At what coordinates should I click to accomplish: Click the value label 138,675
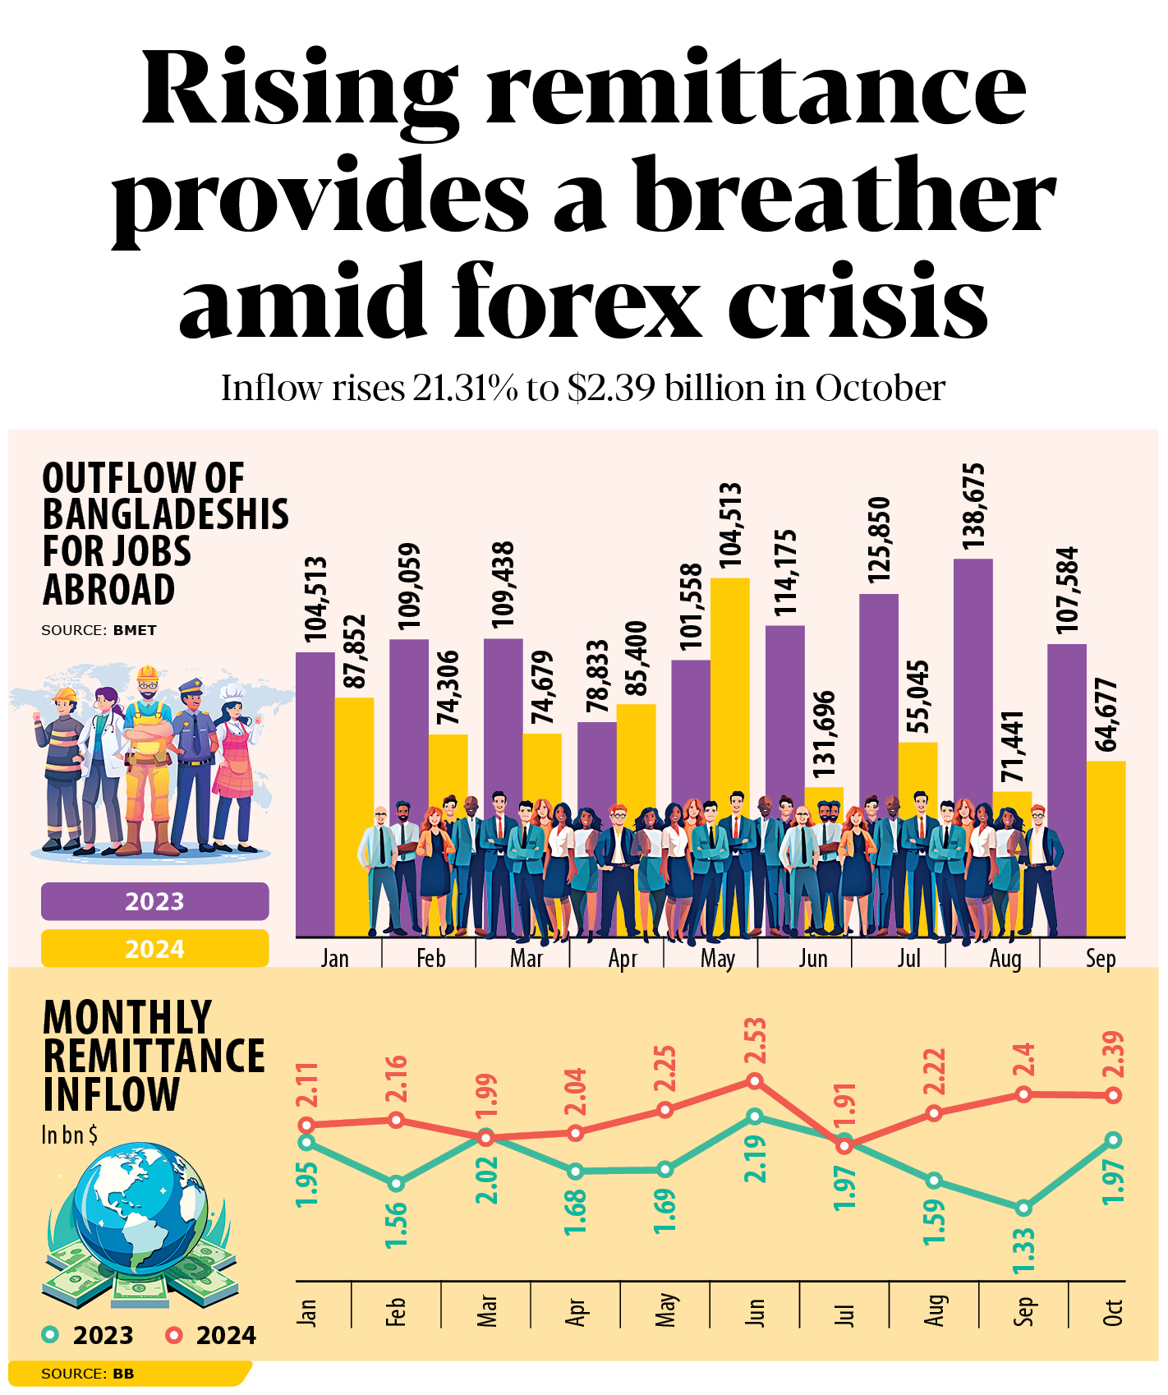pyautogui.click(x=973, y=507)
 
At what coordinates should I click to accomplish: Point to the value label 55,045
pyautogui.click(x=918, y=697)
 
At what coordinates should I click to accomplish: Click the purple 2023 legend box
pyautogui.click(x=154, y=901)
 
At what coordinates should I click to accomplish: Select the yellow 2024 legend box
pyautogui.click(x=154, y=949)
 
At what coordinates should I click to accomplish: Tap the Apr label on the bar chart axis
pyautogui.click(x=623, y=959)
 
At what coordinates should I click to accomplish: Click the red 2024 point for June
pyautogui.click(x=755, y=1081)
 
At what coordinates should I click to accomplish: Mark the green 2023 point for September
pyautogui.click(x=1023, y=1208)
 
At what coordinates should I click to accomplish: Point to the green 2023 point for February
pyautogui.click(x=397, y=1184)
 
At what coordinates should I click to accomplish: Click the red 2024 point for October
pyautogui.click(x=1113, y=1095)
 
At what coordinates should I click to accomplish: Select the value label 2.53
pyautogui.click(x=755, y=1040)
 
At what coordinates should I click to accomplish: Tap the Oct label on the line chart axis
pyautogui.click(x=1113, y=1312)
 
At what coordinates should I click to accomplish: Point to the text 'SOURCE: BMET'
pyautogui.click(x=99, y=630)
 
